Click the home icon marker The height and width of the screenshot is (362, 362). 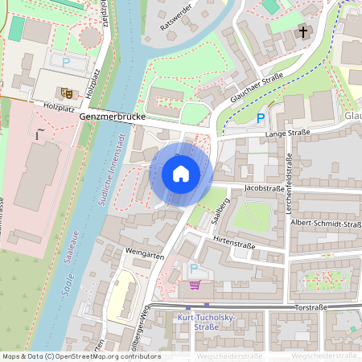[181, 174]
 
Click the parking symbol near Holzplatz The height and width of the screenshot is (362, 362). [66, 60]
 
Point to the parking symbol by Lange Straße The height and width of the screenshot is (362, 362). [259, 118]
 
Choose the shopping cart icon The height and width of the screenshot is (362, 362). [194, 284]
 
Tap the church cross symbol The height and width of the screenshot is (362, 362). [303, 33]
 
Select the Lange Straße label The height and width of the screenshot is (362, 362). [286, 133]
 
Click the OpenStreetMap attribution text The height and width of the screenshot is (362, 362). [80, 356]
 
